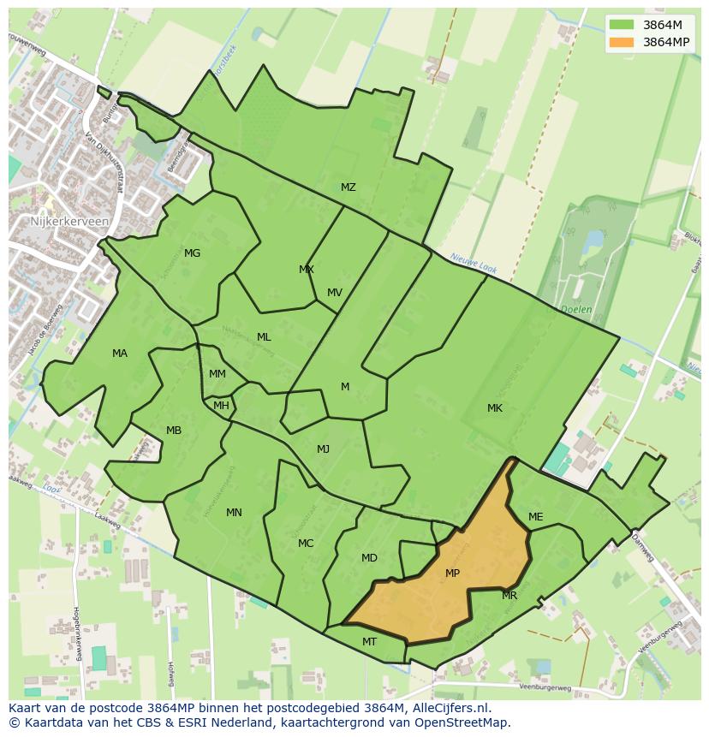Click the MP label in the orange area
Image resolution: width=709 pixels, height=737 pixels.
click(x=452, y=574)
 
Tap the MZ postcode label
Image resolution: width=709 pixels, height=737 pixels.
click(x=348, y=187)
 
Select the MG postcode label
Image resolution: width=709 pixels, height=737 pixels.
click(x=192, y=253)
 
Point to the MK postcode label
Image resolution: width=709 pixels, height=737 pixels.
click(x=495, y=408)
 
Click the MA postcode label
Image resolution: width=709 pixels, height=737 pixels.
click(x=120, y=354)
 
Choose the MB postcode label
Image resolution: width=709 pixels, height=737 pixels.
click(x=174, y=431)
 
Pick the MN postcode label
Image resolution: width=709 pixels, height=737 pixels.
click(x=234, y=513)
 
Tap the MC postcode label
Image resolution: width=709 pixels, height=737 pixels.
click(x=306, y=544)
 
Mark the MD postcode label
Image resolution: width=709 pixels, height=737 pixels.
click(x=369, y=558)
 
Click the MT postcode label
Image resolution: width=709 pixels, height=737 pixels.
click(x=369, y=641)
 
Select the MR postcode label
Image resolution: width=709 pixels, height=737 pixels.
click(x=509, y=596)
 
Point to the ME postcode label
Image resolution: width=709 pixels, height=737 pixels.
click(x=536, y=517)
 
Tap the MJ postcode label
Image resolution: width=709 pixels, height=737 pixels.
click(x=323, y=449)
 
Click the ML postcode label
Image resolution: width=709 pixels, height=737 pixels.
click(x=264, y=337)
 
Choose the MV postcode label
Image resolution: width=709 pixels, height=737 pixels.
click(x=335, y=293)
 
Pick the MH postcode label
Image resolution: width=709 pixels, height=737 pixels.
click(x=221, y=406)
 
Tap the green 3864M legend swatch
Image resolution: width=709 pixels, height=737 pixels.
click(x=622, y=25)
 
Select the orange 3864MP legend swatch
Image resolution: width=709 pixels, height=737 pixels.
click(x=622, y=42)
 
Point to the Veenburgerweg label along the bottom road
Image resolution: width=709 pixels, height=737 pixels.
click(x=545, y=686)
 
